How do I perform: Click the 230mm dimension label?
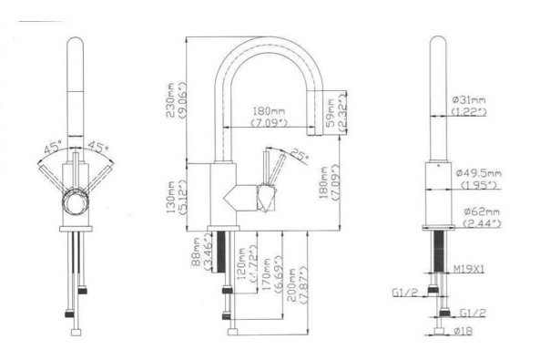click(170, 89)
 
